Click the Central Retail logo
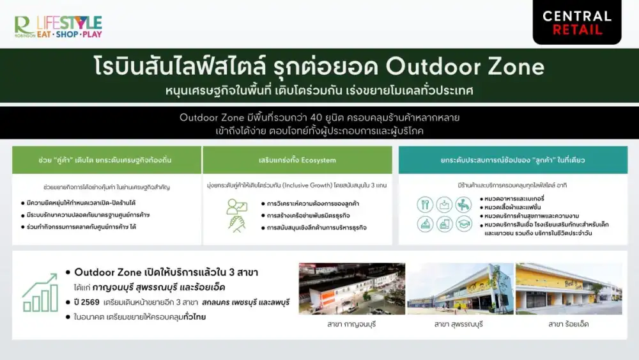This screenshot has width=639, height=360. point(576,22)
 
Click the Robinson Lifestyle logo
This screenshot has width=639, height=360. point(58,26)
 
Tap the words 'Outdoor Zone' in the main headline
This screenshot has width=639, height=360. point(466,67)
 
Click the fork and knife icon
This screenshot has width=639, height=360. point(425,205)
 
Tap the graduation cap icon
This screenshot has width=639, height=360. point(464,224)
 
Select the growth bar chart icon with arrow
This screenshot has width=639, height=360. point(40,293)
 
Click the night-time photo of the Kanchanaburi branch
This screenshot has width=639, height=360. point(351,288)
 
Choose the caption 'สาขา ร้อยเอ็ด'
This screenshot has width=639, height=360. point(568,324)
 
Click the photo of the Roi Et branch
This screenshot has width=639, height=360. point(568,288)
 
